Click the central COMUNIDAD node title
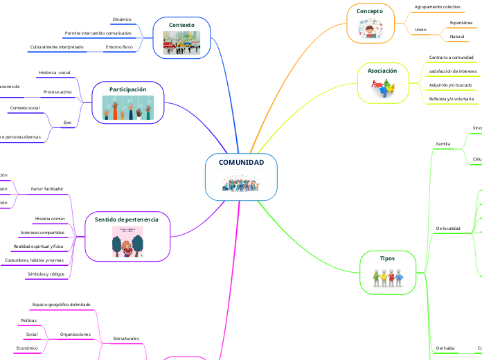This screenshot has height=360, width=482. (x=241, y=162)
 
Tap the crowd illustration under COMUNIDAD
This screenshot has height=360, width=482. (x=241, y=184)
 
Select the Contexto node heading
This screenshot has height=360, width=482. (x=181, y=25)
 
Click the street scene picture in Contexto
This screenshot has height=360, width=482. (x=181, y=43)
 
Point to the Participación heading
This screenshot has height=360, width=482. (x=128, y=89)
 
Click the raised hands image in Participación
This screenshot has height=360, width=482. (x=128, y=108)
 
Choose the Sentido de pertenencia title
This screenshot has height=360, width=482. (x=127, y=219)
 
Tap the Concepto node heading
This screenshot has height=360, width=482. (x=369, y=11)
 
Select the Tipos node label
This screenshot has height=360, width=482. (x=388, y=258)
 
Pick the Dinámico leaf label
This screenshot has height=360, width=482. (x=122, y=19)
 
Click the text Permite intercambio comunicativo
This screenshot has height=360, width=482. (x=98, y=33)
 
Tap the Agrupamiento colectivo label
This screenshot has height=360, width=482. (x=437, y=6)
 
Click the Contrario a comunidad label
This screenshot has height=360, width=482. (x=452, y=57)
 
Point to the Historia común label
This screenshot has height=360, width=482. (x=50, y=219)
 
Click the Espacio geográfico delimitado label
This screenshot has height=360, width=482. (x=62, y=304)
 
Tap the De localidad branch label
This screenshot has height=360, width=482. (x=448, y=228)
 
